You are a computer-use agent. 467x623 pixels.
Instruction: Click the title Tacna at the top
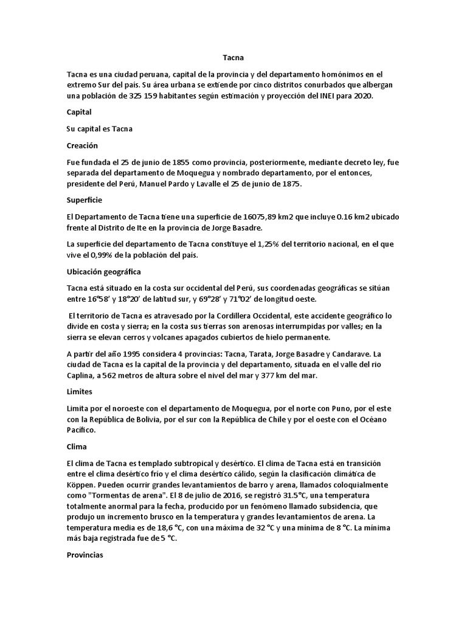(233, 58)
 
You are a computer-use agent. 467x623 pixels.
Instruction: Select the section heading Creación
(82, 146)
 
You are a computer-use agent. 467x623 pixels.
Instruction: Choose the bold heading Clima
(77, 446)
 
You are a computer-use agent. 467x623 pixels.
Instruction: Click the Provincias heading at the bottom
(86, 555)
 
